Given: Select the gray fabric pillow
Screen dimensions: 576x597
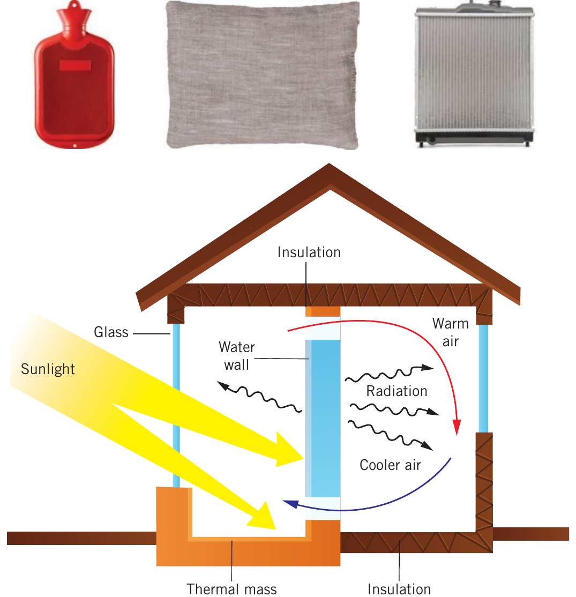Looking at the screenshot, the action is [263, 75].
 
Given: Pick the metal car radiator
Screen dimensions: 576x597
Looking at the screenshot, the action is [474, 74].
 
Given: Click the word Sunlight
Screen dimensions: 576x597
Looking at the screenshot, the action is [48, 369].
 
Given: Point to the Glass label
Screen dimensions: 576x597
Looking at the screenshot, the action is [111, 332].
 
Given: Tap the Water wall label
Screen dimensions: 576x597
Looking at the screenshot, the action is [236, 356].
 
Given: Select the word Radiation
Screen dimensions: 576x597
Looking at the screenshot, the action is [397, 391].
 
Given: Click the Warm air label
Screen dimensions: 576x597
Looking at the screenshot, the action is [451, 332].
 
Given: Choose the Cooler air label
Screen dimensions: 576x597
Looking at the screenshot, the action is [390, 465].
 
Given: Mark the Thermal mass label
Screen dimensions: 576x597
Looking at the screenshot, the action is [231, 589].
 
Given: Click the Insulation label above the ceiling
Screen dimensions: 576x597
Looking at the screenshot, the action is [309, 252].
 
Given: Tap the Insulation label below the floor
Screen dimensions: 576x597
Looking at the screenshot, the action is [399, 589].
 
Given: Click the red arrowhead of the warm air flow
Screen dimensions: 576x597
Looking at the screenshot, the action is [457, 427].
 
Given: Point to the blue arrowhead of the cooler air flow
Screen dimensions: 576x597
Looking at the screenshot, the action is [290, 504].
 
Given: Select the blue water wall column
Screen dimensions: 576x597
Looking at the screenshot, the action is [323, 419].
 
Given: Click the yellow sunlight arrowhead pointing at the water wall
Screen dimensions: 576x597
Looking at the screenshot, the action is [287, 451].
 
